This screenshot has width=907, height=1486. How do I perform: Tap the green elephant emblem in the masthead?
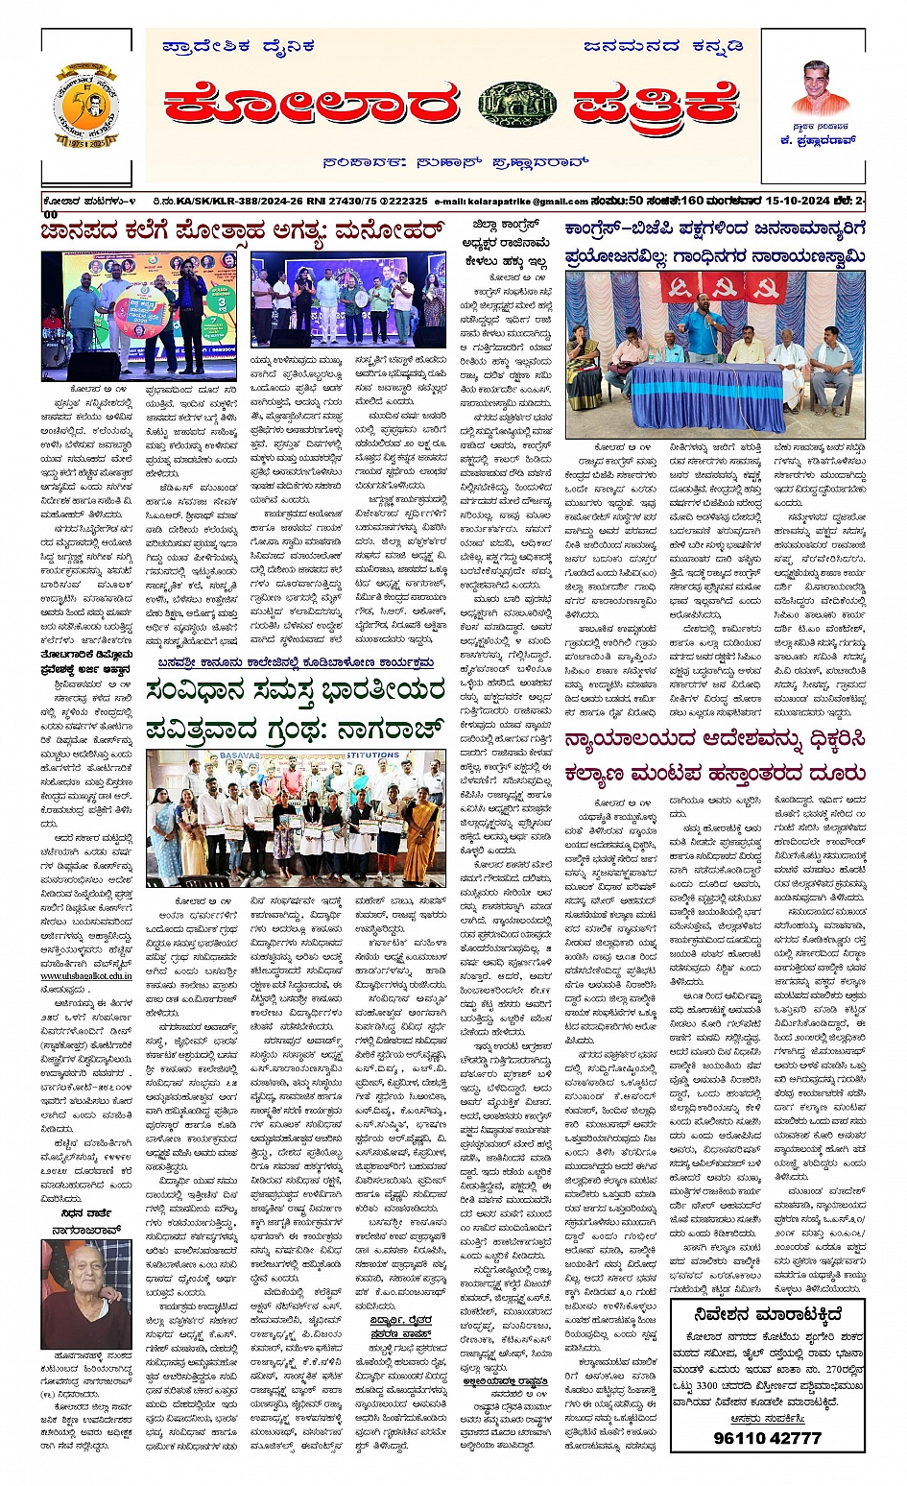(516, 106)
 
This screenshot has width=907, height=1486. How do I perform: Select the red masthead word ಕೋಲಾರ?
(311, 106)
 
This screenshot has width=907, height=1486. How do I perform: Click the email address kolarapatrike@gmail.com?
(511, 202)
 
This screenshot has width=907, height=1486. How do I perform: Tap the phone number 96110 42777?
(767, 1437)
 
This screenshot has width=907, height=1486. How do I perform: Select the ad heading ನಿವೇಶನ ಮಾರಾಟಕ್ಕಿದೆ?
(768, 1314)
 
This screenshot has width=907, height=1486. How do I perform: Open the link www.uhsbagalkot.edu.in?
(86, 975)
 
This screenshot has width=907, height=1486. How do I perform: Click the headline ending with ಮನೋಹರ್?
(242, 231)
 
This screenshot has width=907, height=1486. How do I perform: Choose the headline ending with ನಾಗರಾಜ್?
(296, 708)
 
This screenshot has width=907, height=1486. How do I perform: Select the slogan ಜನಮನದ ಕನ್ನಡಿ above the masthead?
(662, 45)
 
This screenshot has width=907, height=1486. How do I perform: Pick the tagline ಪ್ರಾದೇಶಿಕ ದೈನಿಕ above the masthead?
(238, 45)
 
